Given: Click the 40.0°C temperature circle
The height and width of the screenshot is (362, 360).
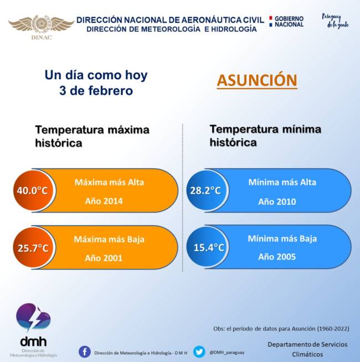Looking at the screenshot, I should pos(32,191).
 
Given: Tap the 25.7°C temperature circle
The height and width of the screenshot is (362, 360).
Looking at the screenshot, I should pos(32,247).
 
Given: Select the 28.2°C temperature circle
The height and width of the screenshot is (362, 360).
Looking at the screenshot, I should pos(205,191).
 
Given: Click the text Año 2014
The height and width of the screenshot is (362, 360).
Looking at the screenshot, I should pos(104,201).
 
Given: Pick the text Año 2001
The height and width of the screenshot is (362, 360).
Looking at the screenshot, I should pos(104,257).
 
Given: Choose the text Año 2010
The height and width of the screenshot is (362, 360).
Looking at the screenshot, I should pos(277,201).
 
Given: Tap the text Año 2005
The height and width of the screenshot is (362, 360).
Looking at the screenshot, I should pos(277,257).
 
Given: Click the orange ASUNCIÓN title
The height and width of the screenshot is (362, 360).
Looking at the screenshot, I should pos(257,80).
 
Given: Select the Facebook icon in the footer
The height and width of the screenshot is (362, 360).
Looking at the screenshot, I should pos(85,352).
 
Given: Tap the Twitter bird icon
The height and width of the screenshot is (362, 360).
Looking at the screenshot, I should pos(199,352).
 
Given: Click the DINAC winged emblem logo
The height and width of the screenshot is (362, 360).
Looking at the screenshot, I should pos(41,25).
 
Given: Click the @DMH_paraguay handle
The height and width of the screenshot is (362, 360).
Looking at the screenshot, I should pos(227,352).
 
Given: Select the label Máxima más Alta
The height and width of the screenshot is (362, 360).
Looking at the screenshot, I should pos(109,182).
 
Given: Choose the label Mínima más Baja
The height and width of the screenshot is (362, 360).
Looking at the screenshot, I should pos(282,239).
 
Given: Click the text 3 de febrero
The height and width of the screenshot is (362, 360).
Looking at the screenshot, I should pos(96,91).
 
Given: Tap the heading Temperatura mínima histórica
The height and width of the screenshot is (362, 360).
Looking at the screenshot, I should pos(265,136).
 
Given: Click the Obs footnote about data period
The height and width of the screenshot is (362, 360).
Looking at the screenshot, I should pos(281,328).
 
